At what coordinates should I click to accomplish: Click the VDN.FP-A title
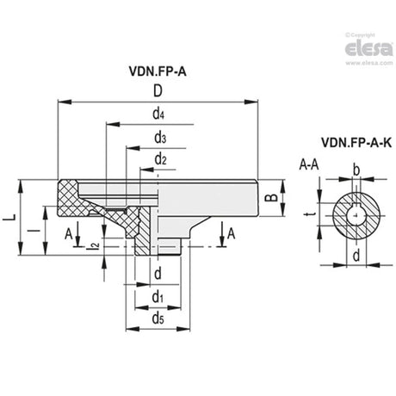click(x=158, y=71)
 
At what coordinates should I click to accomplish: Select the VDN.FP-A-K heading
click(x=356, y=143)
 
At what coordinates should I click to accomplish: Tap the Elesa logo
click(x=368, y=49)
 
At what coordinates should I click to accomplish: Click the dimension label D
click(x=158, y=91)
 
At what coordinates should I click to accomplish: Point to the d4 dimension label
click(x=158, y=114)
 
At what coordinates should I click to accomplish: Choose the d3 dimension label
click(x=160, y=138)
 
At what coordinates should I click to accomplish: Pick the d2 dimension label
click(x=161, y=158)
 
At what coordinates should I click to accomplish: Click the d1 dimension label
click(x=158, y=296)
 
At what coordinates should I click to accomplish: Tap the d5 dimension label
click(x=158, y=318)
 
